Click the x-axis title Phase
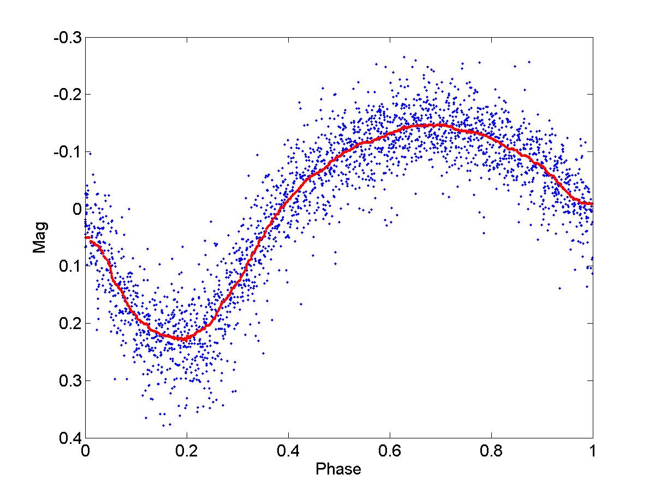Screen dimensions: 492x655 [338, 469]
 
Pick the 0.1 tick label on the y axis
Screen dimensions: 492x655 [69, 266]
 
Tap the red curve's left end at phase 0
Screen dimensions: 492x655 [86, 237]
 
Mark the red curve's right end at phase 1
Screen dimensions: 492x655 [592, 204]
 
